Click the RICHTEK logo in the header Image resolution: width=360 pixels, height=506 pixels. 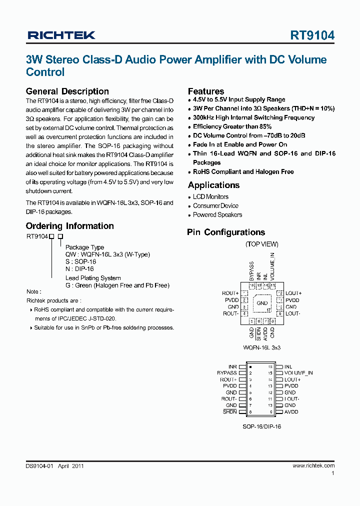click(x=61, y=35)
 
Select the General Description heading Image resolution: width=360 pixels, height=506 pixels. click(x=67, y=91)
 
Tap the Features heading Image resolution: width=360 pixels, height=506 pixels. click(x=205, y=91)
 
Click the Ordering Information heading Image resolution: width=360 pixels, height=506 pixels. click(x=69, y=226)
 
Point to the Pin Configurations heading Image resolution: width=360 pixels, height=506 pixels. click(x=226, y=232)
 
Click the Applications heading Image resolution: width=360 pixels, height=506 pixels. click(x=213, y=185)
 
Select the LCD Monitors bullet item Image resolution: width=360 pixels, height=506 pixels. click(x=210, y=197)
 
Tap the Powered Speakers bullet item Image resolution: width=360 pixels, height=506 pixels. click(x=217, y=215)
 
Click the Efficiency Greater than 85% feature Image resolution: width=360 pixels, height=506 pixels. click(x=232, y=127)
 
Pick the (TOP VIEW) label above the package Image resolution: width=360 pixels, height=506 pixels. click(x=262, y=244)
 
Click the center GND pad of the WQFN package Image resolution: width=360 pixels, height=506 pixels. click(x=262, y=303)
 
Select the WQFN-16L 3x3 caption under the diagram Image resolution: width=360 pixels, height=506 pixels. click(x=262, y=347)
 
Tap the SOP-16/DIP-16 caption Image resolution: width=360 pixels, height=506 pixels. click(x=262, y=428)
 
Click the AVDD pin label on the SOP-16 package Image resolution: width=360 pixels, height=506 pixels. click(x=291, y=412)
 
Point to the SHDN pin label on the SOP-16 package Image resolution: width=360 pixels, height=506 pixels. click(x=230, y=412)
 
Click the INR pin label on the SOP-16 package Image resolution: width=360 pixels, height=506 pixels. click(x=232, y=366)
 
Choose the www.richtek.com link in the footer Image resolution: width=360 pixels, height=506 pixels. click(x=313, y=465)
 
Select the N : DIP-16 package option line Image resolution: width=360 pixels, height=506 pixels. click(x=79, y=268)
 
